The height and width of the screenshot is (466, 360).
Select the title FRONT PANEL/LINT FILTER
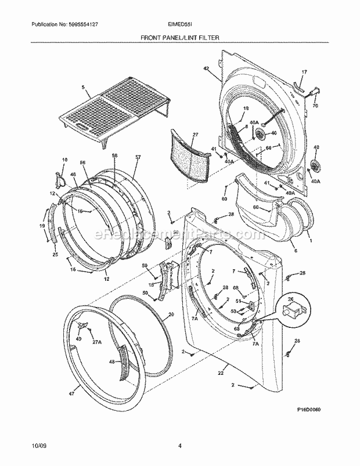(x=179, y=36)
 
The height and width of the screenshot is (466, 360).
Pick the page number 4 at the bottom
(x=181, y=447)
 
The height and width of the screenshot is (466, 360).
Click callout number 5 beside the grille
(x=83, y=88)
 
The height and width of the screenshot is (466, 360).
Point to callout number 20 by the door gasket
(x=171, y=315)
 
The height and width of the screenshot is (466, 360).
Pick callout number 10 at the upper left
(x=64, y=160)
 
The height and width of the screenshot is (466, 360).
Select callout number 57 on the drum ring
(x=138, y=157)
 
